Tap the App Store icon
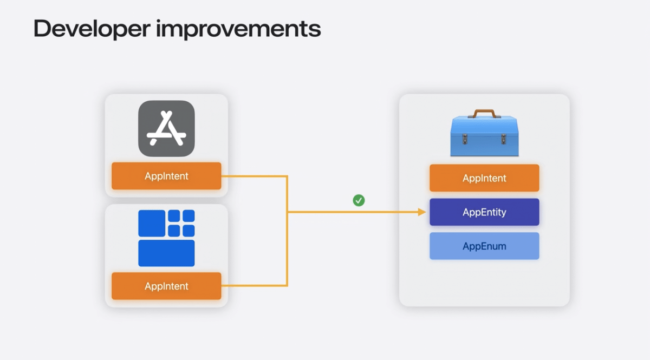tap(166, 129)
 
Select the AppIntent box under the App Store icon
tap(166, 176)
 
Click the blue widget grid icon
tap(166, 238)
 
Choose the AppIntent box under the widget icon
tap(166, 286)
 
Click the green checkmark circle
tap(359, 201)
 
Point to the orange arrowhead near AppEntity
tap(422, 212)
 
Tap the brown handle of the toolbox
tap(484, 113)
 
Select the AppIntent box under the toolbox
tap(484, 178)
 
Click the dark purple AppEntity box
tap(484, 212)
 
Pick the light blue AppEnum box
tap(484, 246)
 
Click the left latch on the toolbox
tap(465, 138)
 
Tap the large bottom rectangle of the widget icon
tap(166, 253)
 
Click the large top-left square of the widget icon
tap(152, 223)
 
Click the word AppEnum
tap(484, 246)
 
